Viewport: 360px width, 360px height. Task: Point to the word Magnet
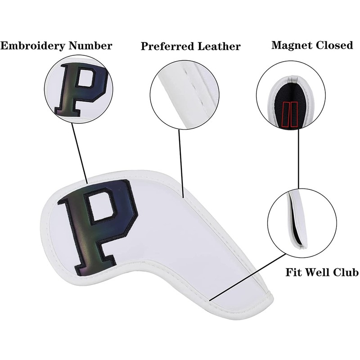coord(291,45)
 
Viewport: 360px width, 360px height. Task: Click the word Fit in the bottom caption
coord(294,273)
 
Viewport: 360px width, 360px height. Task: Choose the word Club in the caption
coord(346,273)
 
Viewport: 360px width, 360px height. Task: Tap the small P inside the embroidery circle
coord(81,88)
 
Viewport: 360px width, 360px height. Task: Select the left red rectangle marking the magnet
coord(285,114)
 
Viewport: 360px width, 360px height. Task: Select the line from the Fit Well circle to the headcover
coord(247,277)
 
